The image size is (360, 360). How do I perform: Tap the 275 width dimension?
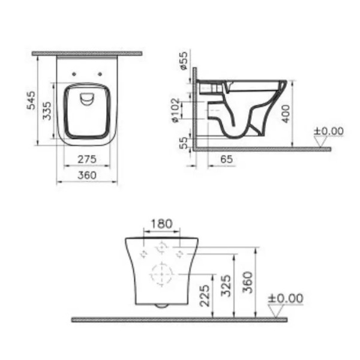[87, 159]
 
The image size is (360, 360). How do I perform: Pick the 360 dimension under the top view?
[87, 175]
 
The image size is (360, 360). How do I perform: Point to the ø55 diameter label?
[184, 61]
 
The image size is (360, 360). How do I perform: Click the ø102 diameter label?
[176, 110]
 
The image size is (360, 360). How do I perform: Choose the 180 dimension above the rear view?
[161, 224]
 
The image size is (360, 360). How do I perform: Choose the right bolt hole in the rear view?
[181, 254]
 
